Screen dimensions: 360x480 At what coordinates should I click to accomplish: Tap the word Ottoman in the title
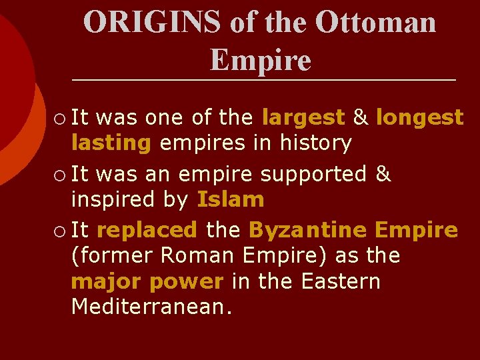tap(376, 22)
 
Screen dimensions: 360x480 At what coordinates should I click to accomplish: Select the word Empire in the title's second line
tap(261, 60)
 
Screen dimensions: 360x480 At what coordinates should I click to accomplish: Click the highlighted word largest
tap(303, 118)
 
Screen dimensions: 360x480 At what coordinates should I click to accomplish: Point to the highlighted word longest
tap(419, 118)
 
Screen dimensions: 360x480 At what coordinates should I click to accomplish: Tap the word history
tap(317, 143)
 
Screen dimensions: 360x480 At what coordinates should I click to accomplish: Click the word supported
tap(313, 175)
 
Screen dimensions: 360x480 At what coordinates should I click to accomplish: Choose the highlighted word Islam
tap(231, 199)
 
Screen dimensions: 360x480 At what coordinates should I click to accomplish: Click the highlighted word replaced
tap(147, 231)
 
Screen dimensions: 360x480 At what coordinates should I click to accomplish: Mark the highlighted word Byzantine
tap(307, 231)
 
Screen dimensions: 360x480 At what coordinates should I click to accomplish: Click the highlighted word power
tap(186, 281)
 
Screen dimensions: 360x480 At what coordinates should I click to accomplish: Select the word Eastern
tap(341, 281)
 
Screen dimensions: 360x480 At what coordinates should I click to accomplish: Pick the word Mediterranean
tap(152, 307)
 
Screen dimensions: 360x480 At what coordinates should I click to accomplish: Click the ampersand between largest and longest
tap(360, 118)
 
